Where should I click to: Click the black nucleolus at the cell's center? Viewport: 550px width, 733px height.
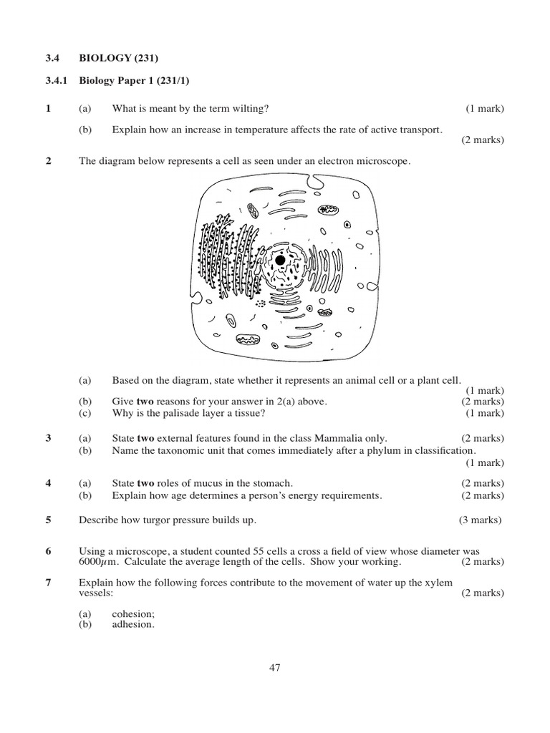[x=280, y=261]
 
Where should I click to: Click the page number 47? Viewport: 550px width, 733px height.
[x=275, y=668]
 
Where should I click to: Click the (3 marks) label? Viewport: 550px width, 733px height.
[x=480, y=520]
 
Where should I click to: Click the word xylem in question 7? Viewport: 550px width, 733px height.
[x=439, y=583]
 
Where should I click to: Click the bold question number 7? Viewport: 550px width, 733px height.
[x=48, y=583]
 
